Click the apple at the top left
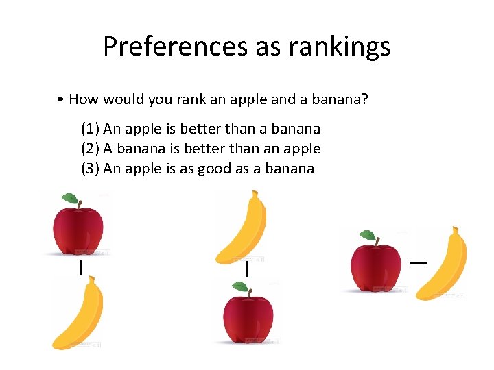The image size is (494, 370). coord(79,230)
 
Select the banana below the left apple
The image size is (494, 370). coord(78,314)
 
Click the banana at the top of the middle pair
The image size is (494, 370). coord(241,227)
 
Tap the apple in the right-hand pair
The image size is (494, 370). coord(376,266)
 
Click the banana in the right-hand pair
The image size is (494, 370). coord(443,264)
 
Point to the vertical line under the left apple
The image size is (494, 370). coord(81,267)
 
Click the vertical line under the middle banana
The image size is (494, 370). coord(246,270)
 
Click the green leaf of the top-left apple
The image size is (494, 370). coord(70,199)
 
